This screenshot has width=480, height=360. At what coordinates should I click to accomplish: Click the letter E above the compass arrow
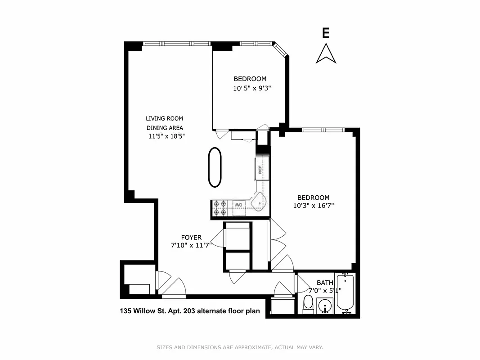point(326,33)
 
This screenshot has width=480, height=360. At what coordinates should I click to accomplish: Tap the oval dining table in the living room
point(215,167)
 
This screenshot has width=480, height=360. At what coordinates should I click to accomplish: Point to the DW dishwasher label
point(238,205)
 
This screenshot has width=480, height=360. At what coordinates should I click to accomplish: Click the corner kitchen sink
point(258,203)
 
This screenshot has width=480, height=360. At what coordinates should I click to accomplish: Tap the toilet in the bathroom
point(308,304)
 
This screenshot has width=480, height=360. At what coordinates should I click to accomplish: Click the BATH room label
point(325,283)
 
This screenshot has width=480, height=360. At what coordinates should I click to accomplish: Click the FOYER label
point(191,238)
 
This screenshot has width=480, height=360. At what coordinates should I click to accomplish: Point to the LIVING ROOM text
point(164,118)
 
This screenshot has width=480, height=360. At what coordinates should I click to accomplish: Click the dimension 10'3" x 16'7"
point(313,206)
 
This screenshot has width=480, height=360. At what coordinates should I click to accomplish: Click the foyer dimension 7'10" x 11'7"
point(191,246)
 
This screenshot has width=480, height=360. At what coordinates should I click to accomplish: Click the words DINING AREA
point(164,127)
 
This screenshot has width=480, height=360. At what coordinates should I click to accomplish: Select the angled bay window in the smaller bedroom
point(281,49)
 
